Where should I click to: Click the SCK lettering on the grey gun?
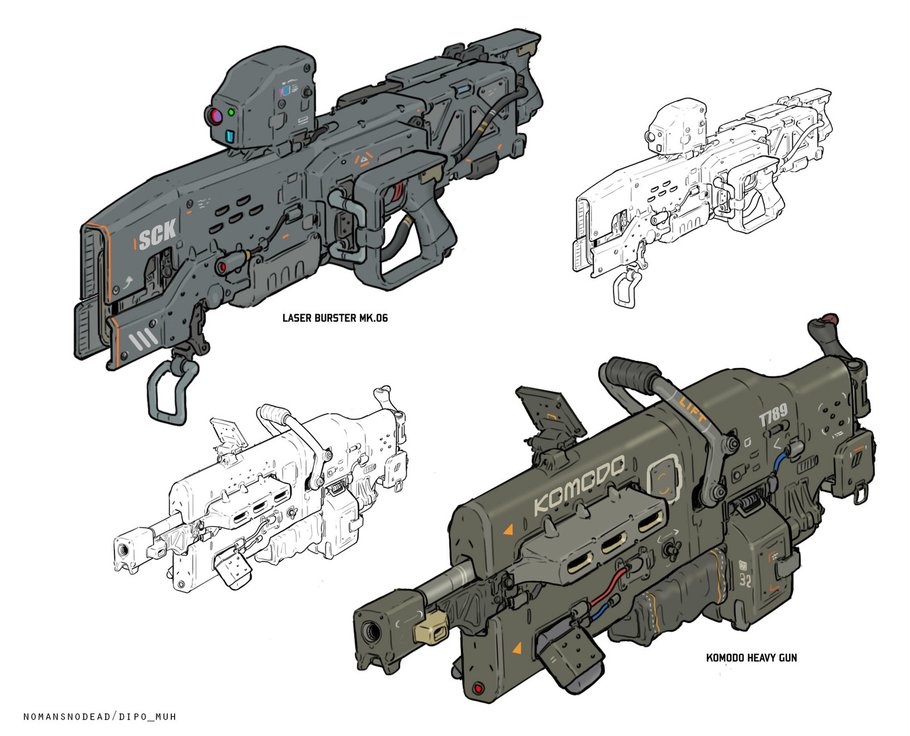(158, 234)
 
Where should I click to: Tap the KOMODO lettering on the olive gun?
(578, 484)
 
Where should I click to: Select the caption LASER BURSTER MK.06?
(335, 318)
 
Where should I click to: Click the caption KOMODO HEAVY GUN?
(751, 657)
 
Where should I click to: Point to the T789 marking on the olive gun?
(773, 415)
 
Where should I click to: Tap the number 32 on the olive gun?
(745, 580)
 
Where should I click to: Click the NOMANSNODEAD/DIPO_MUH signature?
(100, 716)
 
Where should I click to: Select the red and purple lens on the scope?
(216, 117)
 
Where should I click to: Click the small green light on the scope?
(231, 113)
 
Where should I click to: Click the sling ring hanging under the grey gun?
(168, 393)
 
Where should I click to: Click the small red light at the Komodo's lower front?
(478, 689)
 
